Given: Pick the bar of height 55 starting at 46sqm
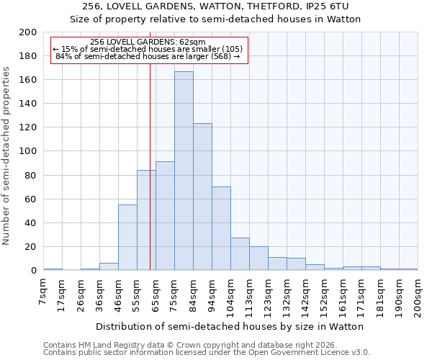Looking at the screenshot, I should pos(127,238).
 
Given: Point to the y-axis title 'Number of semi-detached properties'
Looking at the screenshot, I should pos(8,156).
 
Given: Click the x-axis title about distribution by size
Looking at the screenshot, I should pos(230,326).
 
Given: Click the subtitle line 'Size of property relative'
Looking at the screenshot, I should pos(215,19).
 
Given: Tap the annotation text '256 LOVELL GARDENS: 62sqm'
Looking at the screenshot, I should pos(148,42).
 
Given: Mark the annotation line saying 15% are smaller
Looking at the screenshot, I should pos(148,49).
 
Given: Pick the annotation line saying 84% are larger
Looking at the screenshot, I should pos(148,56).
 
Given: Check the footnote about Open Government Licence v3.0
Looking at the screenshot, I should pos(206,353).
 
